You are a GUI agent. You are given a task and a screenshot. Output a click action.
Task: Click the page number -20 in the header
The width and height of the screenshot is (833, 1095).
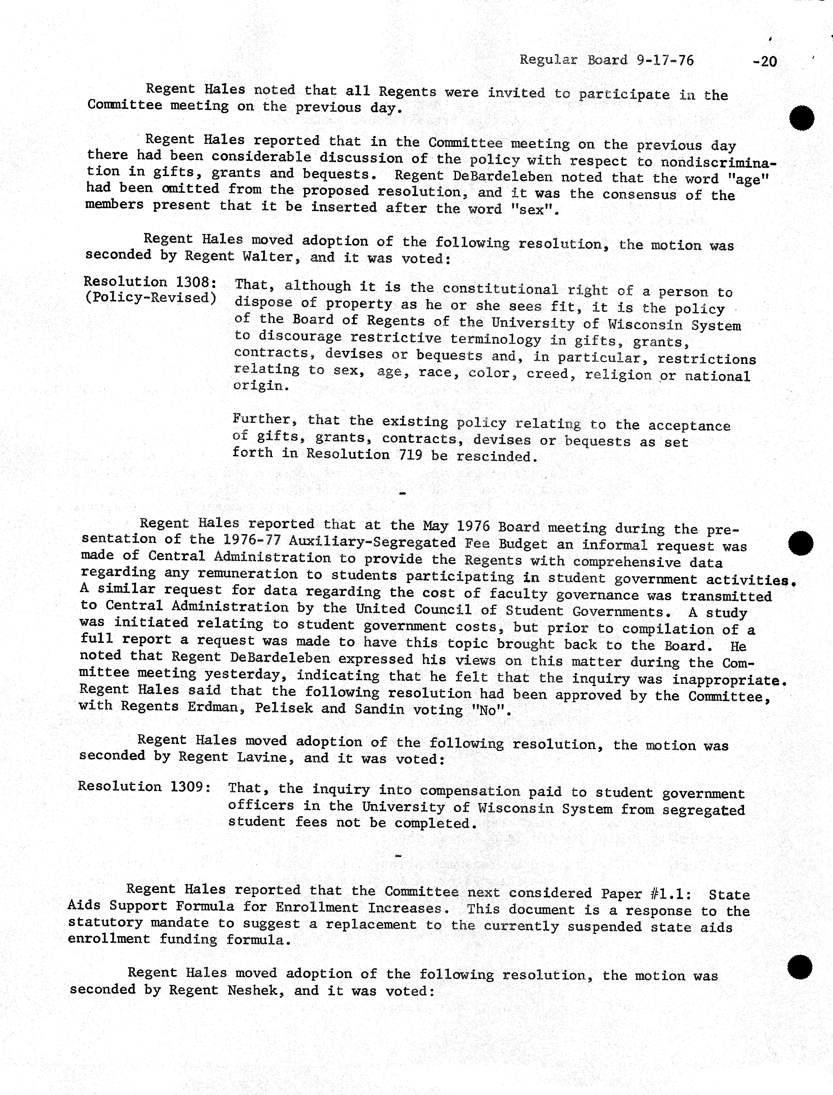coord(764,61)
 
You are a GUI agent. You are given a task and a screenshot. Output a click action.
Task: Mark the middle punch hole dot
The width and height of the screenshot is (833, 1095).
coord(800,543)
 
